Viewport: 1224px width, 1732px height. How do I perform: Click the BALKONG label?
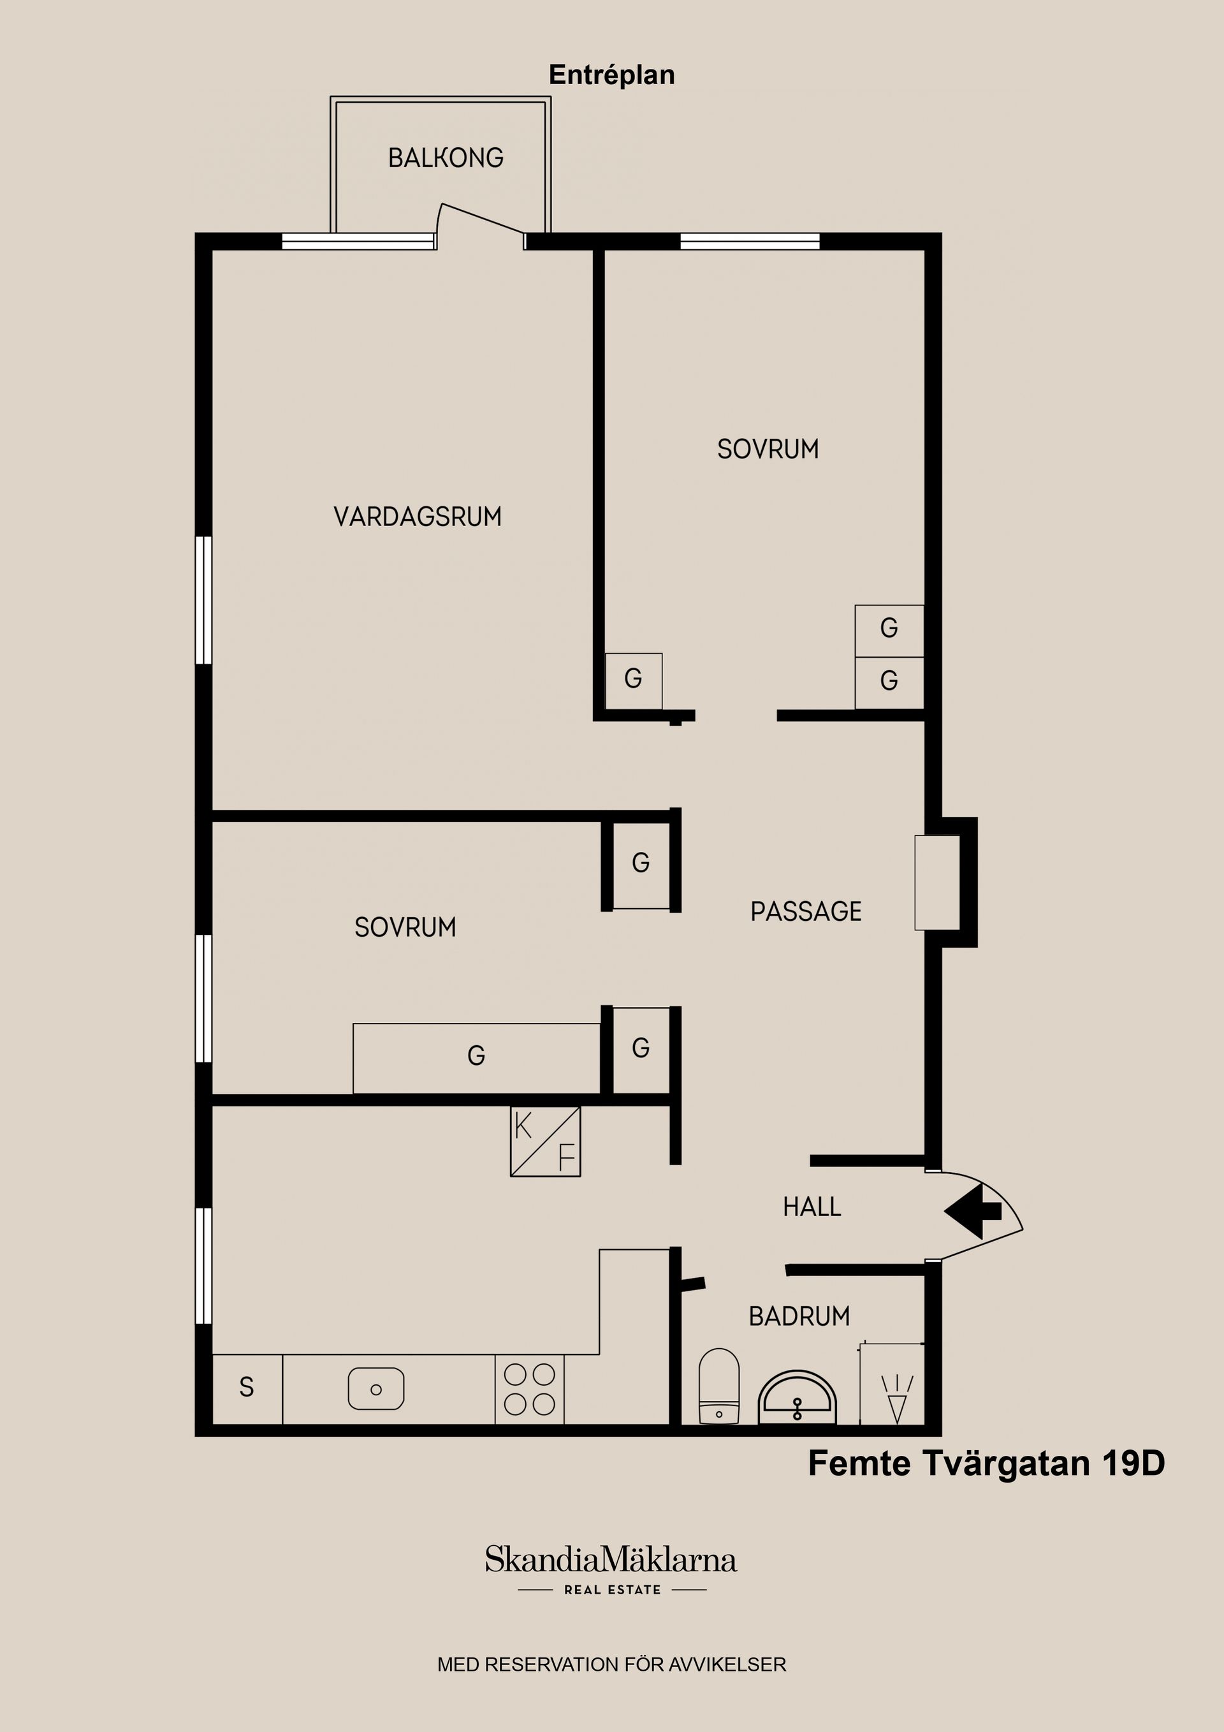(x=446, y=158)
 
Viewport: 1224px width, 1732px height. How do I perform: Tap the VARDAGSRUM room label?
(x=418, y=517)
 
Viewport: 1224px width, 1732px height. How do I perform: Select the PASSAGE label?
(x=805, y=911)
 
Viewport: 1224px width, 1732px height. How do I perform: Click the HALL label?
(x=812, y=1207)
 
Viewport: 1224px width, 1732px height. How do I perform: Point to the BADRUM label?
(x=799, y=1316)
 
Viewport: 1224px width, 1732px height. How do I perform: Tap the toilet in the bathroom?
(x=718, y=1386)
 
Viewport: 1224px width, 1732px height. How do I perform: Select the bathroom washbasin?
(x=797, y=1398)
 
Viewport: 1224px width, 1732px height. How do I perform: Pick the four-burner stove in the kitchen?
(x=529, y=1390)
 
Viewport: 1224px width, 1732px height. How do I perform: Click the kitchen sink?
(x=375, y=1389)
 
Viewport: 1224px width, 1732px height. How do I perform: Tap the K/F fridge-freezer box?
(x=545, y=1141)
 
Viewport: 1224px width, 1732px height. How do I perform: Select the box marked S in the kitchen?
(x=247, y=1390)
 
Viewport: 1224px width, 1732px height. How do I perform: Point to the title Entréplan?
(x=611, y=75)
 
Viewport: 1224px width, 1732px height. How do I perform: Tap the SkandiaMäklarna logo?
(x=611, y=1560)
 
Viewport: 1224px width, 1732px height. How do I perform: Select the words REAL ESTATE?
(x=613, y=1590)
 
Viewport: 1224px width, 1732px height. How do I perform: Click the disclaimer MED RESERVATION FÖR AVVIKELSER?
(x=611, y=1665)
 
